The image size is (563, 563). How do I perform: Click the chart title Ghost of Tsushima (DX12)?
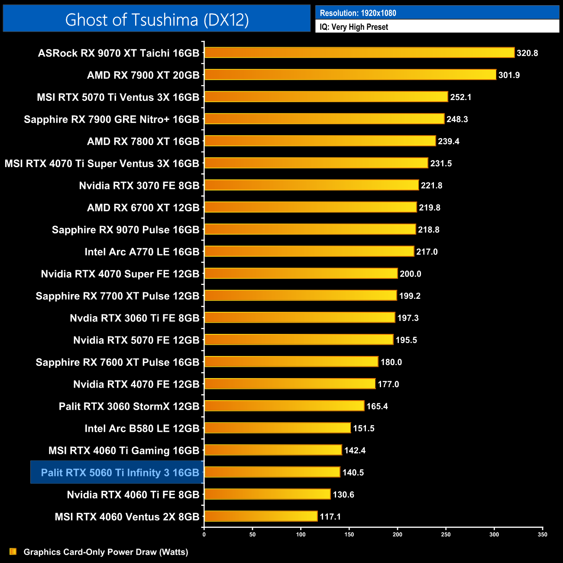(x=157, y=19)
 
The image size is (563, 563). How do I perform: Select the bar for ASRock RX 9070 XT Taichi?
(x=359, y=53)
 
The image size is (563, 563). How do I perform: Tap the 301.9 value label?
(x=509, y=75)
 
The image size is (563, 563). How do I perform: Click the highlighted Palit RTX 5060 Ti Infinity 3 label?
(x=120, y=472)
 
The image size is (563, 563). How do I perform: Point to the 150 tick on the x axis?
(x=349, y=534)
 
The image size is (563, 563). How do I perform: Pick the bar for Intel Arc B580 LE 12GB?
(x=277, y=428)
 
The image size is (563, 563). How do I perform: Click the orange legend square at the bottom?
(x=13, y=551)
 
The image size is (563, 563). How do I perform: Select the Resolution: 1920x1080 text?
(x=358, y=13)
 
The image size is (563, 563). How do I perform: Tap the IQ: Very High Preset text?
(x=354, y=27)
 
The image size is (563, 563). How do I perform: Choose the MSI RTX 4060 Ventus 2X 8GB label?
(x=127, y=517)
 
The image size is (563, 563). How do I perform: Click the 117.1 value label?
(x=330, y=517)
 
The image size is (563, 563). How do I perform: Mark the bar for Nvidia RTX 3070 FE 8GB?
(x=311, y=185)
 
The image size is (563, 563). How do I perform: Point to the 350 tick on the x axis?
(x=543, y=534)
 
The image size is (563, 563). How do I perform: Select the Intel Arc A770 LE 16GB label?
(x=142, y=252)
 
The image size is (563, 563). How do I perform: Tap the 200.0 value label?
(x=410, y=274)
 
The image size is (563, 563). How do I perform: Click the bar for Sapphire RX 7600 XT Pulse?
(x=291, y=362)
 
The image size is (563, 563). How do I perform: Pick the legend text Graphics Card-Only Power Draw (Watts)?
(x=106, y=552)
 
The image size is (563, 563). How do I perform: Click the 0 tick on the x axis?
(x=204, y=534)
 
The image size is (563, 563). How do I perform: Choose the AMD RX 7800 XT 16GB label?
(x=143, y=141)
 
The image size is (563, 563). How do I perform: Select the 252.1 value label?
(x=460, y=97)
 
